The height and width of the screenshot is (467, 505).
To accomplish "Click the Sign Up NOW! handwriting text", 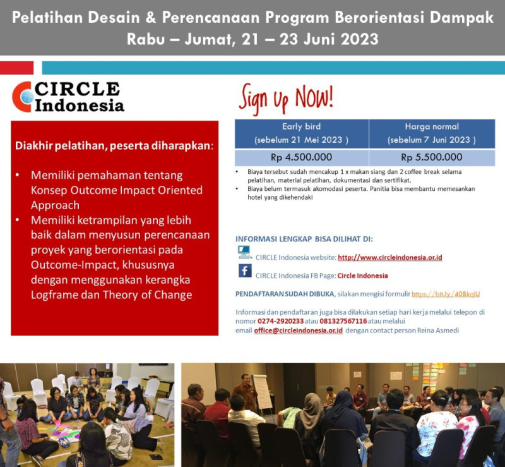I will tap(286, 99).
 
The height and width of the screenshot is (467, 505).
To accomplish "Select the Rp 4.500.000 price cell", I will tap(301, 157).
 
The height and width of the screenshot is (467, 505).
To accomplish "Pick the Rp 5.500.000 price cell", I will tap(432, 157).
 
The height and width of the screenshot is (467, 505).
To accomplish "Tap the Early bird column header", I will tap(301, 133).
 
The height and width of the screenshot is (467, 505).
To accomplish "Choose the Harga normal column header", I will tap(432, 133).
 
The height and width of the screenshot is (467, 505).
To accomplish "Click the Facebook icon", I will tap(245, 271).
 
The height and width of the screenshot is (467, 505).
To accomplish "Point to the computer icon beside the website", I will tap(244, 253).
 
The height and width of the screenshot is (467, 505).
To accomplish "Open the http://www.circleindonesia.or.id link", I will tap(389, 257).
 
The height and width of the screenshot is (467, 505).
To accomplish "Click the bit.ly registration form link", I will tap(446, 294).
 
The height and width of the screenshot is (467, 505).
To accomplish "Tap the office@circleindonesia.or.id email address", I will tap(298, 331).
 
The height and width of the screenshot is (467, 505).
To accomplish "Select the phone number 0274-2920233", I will tap(280, 321).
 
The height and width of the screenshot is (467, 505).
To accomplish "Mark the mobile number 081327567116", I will tap(344, 321).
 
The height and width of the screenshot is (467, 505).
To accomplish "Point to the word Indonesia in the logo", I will tap(80, 105).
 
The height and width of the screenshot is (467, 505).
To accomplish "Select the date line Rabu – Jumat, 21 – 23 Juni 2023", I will tap(252, 39).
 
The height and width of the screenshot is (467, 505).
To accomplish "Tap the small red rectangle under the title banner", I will tap(16, 68).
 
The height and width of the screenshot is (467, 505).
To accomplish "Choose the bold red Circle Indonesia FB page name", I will tap(362, 276).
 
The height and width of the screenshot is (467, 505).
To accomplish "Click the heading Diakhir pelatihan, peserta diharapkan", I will tap(114, 146).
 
